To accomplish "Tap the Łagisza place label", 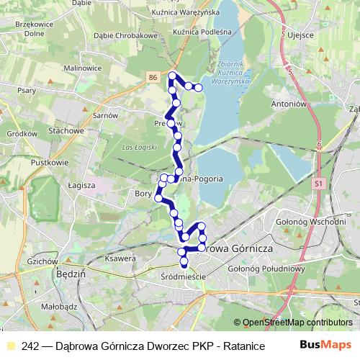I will pyautogui.click(x=82, y=185).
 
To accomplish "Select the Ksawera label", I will pyautogui.click(x=121, y=258).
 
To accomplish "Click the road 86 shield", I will pyautogui.click(x=153, y=76).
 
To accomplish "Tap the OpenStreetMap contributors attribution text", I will pyautogui.click(x=293, y=323).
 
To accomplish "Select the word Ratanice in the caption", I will pyautogui.click(x=233, y=346).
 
